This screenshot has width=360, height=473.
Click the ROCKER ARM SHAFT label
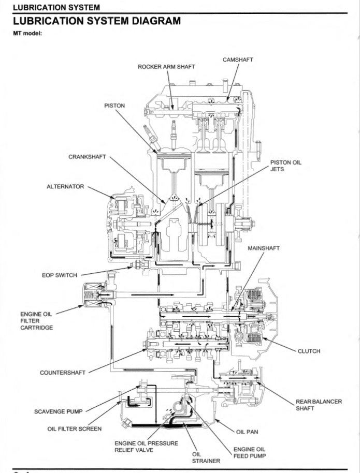(x=166, y=67)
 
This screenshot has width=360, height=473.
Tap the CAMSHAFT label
(x=238, y=60)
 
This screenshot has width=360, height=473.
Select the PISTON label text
(x=114, y=106)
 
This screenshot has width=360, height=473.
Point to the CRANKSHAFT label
(x=87, y=156)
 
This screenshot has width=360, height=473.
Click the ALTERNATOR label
(x=65, y=186)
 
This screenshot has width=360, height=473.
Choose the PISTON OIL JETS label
(x=285, y=166)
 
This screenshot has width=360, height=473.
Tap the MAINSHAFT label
(x=263, y=248)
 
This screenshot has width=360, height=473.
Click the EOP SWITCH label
(x=60, y=275)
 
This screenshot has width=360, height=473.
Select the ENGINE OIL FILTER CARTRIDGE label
(x=36, y=321)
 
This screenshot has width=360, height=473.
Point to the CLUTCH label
(x=309, y=351)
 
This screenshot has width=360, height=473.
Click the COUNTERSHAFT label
(x=63, y=372)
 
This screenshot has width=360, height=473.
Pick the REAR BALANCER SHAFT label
(x=319, y=405)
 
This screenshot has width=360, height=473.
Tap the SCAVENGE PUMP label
(x=58, y=412)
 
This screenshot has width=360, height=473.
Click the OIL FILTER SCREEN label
(x=75, y=428)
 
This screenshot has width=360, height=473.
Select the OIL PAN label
(x=247, y=431)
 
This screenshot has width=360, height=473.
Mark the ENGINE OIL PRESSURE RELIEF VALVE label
(x=146, y=447)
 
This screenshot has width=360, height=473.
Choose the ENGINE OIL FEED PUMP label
(x=249, y=452)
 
